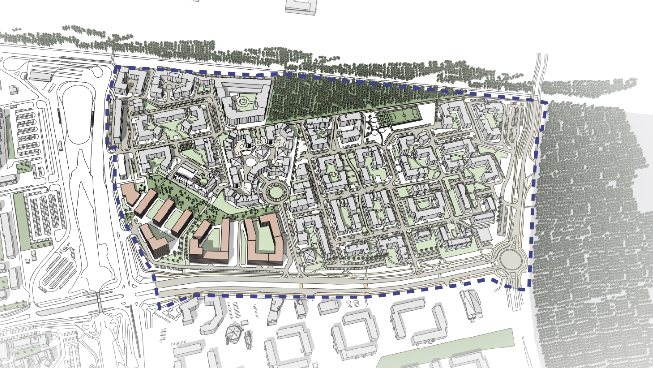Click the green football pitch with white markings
click(403, 116)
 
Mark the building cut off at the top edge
click(300, 6)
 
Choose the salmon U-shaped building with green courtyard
click(263, 240)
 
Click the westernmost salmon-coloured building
click(129, 193)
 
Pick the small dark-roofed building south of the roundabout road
click(471, 305)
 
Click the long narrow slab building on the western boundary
click(118, 121)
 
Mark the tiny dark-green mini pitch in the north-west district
click(186, 148)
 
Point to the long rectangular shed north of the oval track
click(40, 76)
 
